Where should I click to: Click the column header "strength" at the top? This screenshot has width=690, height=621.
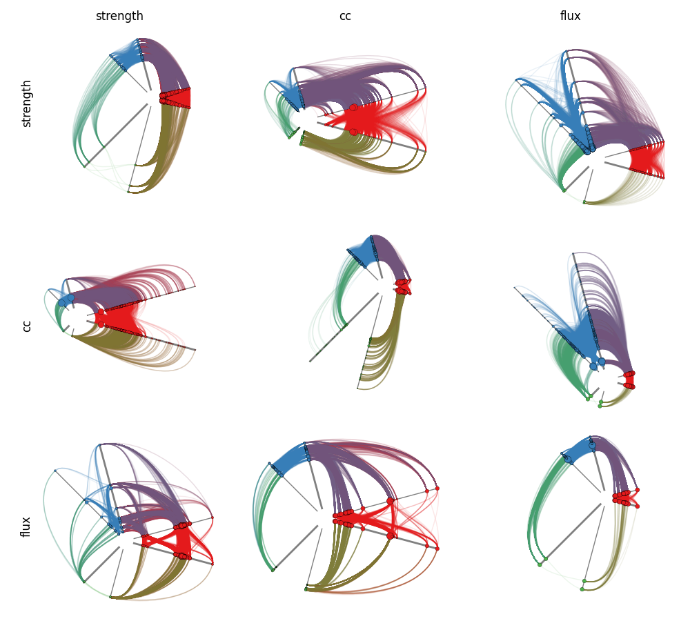[x=119, y=17]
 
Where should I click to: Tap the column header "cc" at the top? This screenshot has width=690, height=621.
[x=345, y=17]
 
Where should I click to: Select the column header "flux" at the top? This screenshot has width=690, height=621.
[x=571, y=16]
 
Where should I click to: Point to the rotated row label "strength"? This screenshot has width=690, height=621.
[x=26, y=104]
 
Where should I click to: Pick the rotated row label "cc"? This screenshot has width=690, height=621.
[x=26, y=326]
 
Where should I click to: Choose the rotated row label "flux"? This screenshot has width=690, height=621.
[x=26, y=527]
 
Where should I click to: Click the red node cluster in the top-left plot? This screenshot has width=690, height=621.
[x=175, y=98]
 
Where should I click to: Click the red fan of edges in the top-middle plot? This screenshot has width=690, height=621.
[x=378, y=119]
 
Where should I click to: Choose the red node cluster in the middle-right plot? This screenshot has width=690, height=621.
[x=629, y=379]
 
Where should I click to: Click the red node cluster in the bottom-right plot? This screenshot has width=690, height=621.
[x=625, y=498]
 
